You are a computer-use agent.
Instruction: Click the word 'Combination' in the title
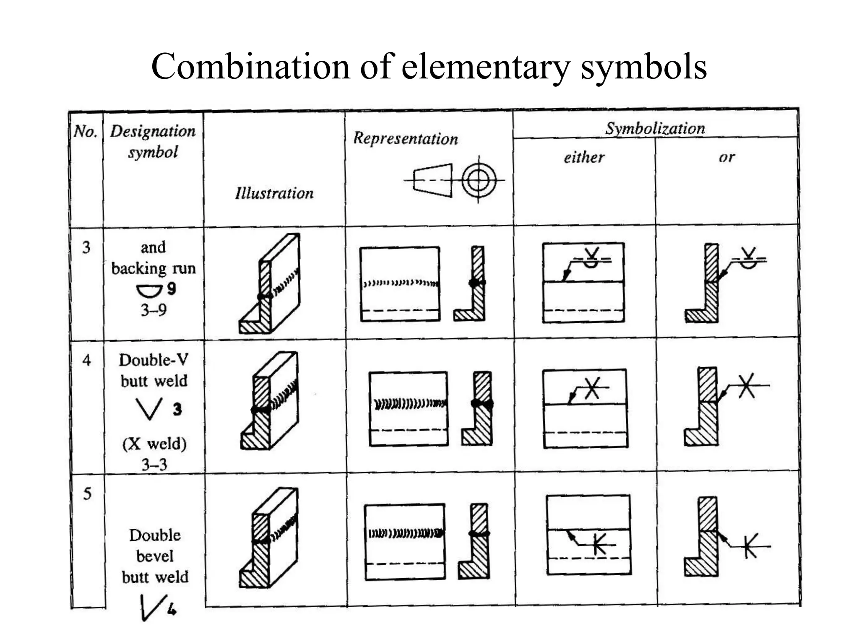[x=250, y=67]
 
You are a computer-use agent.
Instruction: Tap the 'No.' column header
[x=86, y=132]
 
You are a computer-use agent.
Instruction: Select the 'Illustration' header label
[x=274, y=193]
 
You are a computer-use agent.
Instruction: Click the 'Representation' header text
[x=405, y=138]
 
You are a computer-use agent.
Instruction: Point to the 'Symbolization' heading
[x=655, y=128]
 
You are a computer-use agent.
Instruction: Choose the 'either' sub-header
[x=584, y=157]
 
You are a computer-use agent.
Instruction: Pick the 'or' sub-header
[x=727, y=157]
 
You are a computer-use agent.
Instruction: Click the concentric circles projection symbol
[x=479, y=181]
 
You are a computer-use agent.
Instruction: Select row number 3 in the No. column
[x=86, y=247]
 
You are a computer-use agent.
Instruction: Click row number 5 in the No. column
[x=87, y=493]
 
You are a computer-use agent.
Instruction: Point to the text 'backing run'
[x=154, y=268]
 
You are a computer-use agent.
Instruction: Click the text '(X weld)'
[x=154, y=444]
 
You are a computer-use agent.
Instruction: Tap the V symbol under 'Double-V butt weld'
[x=149, y=409]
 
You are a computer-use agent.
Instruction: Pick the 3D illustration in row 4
[x=270, y=401]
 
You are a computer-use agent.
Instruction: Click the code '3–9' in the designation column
[x=154, y=310]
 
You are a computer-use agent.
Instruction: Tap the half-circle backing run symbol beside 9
[x=149, y=290]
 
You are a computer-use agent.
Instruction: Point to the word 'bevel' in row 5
[x=155, y=556]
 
